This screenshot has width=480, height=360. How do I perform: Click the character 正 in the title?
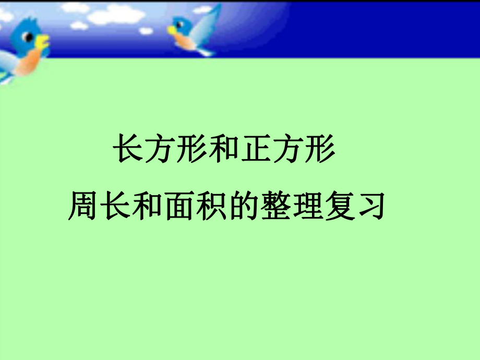click(256, 148)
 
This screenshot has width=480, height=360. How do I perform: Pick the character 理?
click(308, 206)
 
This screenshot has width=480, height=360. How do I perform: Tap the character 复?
click(340, 206)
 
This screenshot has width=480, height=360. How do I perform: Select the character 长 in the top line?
click(128, 148)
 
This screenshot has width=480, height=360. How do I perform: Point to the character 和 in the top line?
click(224, 148)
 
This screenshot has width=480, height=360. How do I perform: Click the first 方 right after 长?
click(160, 148)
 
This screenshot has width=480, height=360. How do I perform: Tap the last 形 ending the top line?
click(320, 148)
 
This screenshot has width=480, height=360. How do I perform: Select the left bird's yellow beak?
click(42, 42)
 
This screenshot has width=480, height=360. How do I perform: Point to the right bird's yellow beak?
click(172, 30)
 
